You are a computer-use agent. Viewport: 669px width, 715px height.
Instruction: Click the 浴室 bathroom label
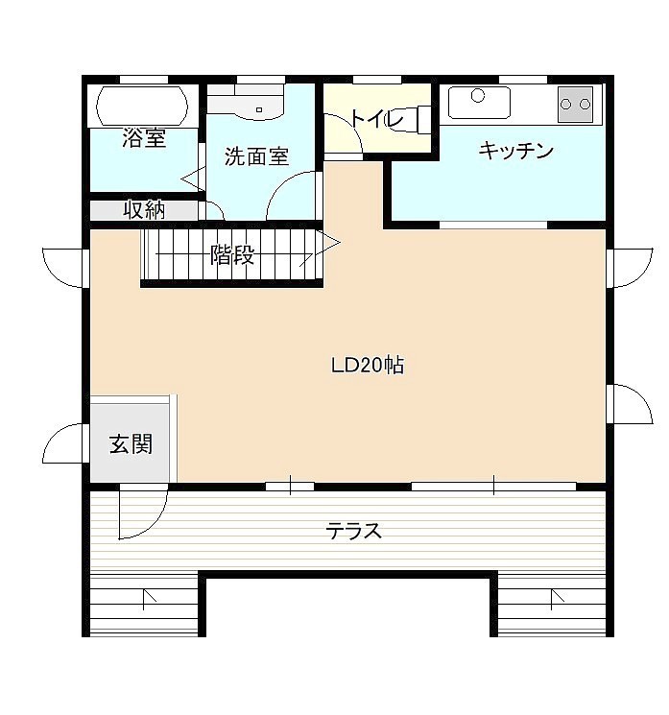tap(144, 137)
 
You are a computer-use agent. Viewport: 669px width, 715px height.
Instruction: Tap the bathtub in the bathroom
tap(142, 106)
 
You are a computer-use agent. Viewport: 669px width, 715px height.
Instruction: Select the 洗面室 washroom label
tap(256, 156)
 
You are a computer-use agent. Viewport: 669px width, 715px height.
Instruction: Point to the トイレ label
tap(377, 119)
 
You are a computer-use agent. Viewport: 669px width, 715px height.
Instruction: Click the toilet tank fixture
tap(424, 119)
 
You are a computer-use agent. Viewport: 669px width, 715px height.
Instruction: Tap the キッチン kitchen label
tap(515, 151)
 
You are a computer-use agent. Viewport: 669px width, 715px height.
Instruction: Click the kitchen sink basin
tap(479, 103)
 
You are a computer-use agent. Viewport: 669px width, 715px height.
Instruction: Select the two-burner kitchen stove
tap(576, 105)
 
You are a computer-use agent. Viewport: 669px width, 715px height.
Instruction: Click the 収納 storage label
tap(144, 210)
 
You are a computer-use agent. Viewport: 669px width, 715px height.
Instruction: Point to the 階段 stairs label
tap(232, 255)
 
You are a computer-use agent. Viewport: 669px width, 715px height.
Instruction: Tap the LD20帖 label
tap(367, 366)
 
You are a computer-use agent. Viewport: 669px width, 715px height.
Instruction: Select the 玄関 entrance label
tap(131, 443)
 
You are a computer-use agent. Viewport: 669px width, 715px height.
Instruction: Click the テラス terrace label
tap(353, 531)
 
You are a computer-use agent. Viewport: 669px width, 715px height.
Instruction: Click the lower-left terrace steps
tap(144, 605)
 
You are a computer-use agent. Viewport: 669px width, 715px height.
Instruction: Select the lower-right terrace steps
tap(552, 605)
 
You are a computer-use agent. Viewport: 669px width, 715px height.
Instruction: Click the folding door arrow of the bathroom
tap(194, 179)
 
